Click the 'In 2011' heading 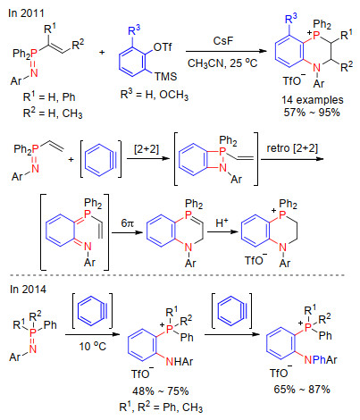[x=26, y=13]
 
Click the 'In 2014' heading [x=28, y=290]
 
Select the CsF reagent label [x=223, y=41]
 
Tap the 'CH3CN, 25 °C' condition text [x=222, y=63]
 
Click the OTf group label [x=163, y=47]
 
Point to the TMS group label [x=165, y=77]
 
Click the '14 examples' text [x=313, y=100]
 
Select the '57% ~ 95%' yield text [x=312, y=113]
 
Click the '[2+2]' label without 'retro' [x=147, y=148]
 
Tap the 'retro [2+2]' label [x=292, y=148]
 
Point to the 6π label [x=127, y=223]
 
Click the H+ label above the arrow [x=222, y=223]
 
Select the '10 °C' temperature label [x=92, y=346]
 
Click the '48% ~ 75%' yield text [x=161, y=391]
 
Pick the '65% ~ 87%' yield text [x=302, y=390]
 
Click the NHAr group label [x=180, y=362]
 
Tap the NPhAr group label [x=321, y=360]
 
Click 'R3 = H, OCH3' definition [x=155, y=95]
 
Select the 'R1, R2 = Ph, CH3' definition [x=161, y=407]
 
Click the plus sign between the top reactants [x=102, y=53]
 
